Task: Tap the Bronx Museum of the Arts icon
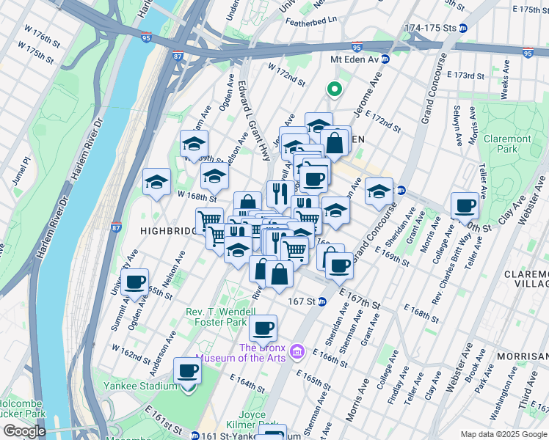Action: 297,353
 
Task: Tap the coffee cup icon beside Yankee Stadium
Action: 187,370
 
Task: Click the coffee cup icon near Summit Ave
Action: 134,282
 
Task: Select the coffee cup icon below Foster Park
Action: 263,328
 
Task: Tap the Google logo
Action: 24,431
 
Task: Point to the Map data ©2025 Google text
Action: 503,433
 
